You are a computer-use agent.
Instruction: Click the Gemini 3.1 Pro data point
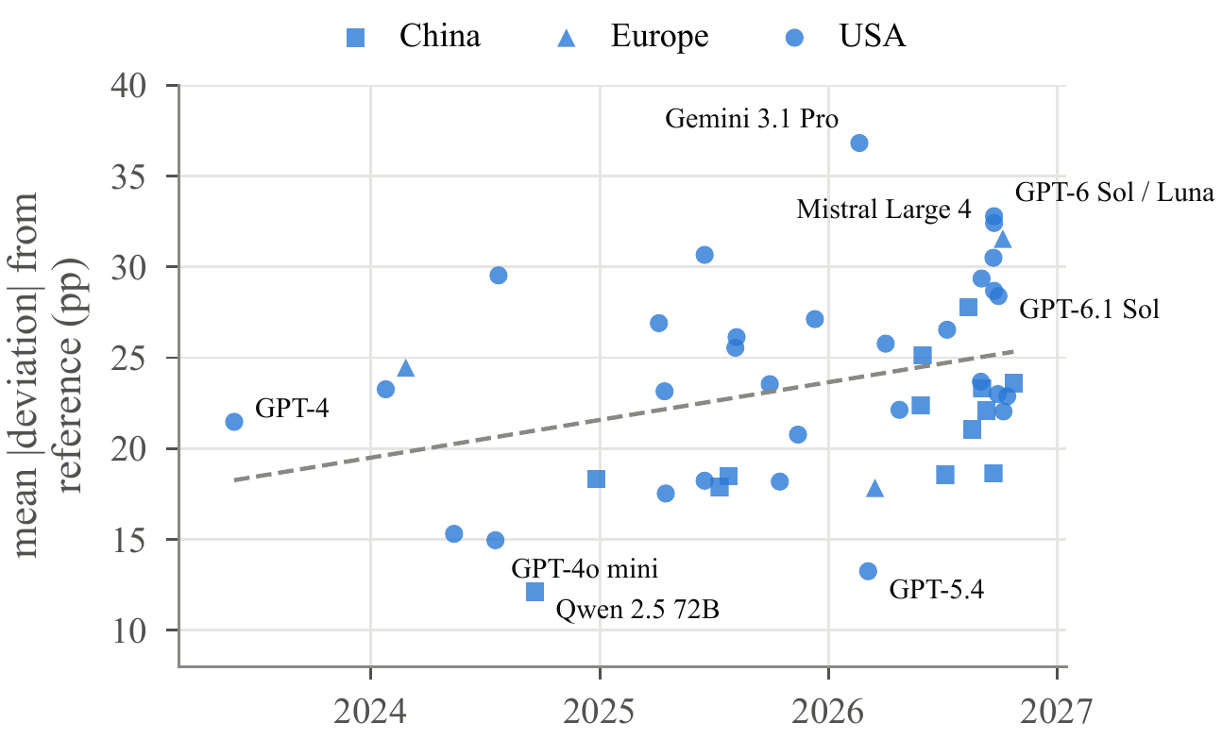(859, 143)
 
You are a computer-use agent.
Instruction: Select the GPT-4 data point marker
(234, 422)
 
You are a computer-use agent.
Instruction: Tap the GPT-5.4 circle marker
(868, 571)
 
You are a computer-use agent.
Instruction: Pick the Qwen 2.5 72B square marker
(535, 591)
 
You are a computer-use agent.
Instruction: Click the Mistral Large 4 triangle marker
(1003, 239)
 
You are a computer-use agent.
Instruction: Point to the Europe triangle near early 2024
(406, 368)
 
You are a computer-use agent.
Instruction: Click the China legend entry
(414, 37)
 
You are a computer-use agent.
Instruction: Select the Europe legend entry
(633, 37)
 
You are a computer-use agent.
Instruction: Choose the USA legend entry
(845, 37)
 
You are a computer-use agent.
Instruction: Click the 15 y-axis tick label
(128, 540)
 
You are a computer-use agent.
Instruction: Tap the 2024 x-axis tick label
(370, 712)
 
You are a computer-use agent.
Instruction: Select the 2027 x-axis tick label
(1057, 712)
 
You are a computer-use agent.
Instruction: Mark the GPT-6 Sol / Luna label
(1114, 192)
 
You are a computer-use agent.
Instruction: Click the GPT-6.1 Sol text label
(1089, 310)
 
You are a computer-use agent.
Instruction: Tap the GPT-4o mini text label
(585, 568)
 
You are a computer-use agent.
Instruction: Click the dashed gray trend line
(623, 415)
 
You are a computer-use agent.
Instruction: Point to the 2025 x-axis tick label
(600, 712)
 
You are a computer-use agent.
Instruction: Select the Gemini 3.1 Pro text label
(752, 118)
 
